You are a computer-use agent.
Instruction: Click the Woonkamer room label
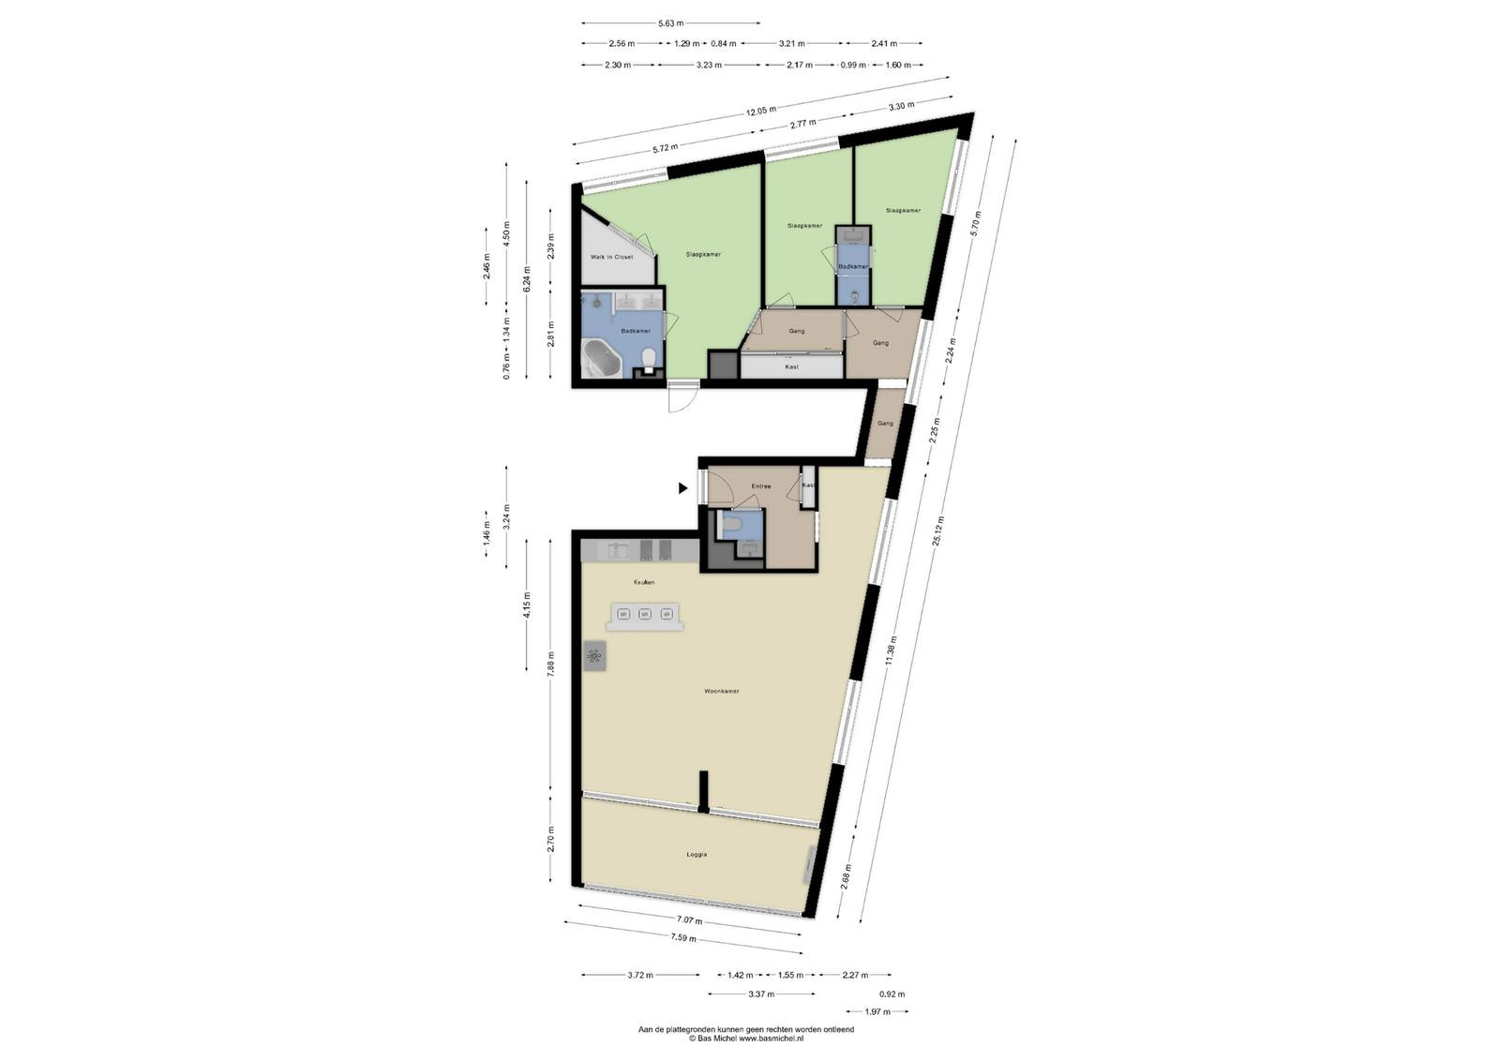point(721,691)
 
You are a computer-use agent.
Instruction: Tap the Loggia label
point(697,854)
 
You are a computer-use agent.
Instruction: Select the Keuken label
point(643,582)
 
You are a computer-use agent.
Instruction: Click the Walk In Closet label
point(611,257)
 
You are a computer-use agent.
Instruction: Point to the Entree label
point(760,486)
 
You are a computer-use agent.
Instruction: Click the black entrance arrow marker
point(683,488)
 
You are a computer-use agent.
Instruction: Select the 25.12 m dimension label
point(939,530)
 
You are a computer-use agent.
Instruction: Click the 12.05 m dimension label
point(761,112)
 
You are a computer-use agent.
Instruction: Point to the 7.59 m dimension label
point(683,938)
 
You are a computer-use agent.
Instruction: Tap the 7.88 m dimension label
point(550,665)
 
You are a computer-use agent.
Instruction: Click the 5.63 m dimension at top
point(671,23)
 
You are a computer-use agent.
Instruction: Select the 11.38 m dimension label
point(890,650)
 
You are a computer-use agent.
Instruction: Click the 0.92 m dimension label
point(892,994)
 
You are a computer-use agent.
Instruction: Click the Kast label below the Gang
point(791,366)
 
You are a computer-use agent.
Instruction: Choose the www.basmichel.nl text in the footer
point(771,1039)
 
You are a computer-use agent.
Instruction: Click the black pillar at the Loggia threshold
point(703,792)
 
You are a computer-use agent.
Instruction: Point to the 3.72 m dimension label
point(640,975)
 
